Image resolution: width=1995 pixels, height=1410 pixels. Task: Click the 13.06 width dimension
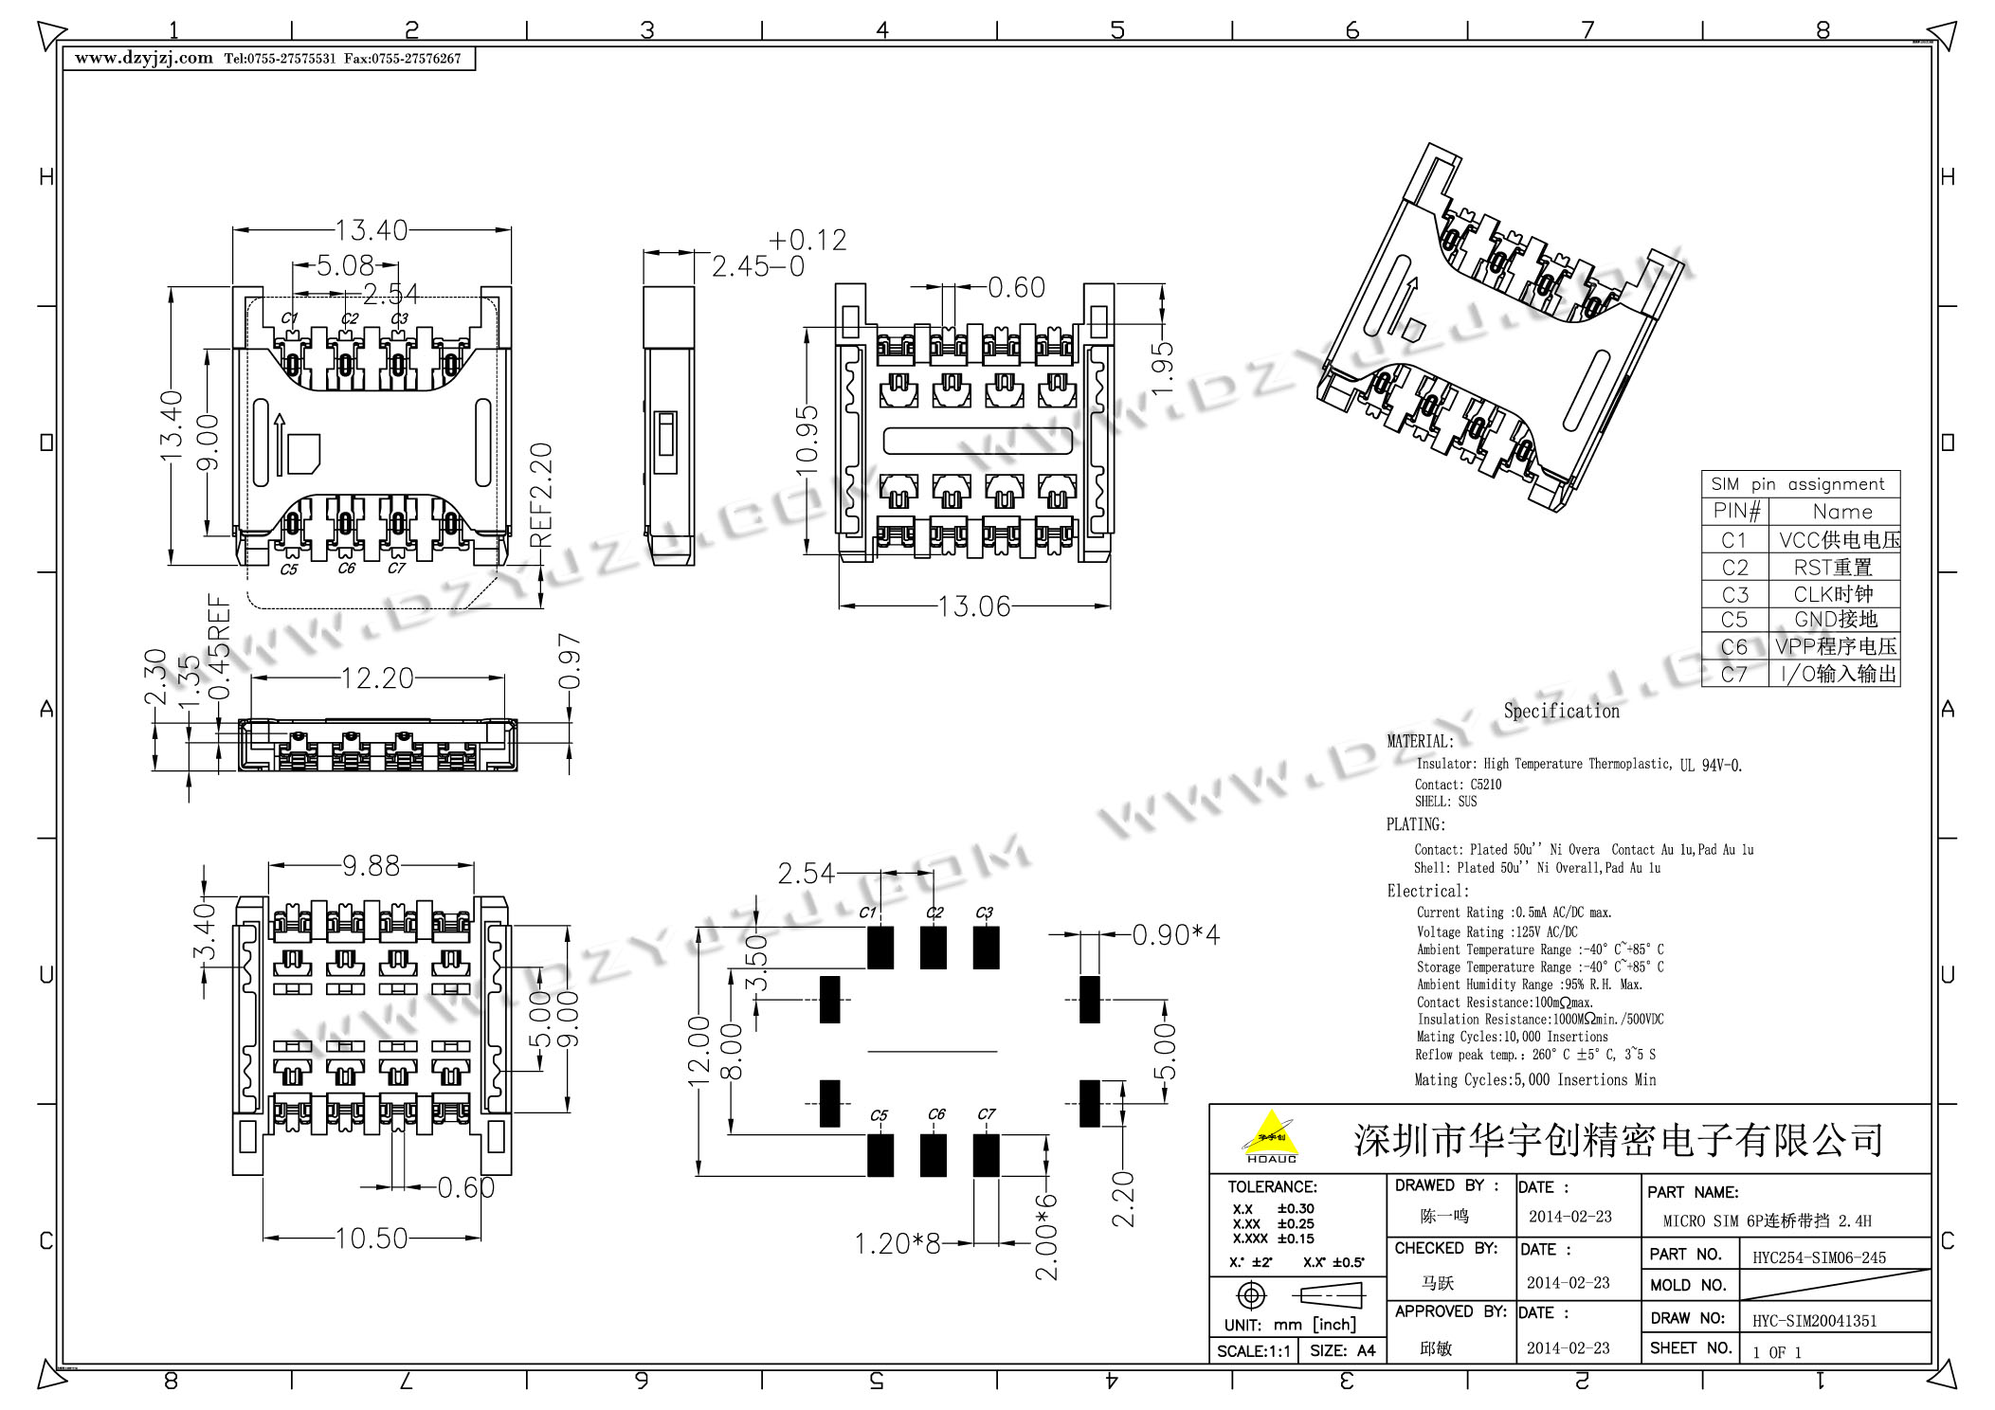click(x=974, y=606)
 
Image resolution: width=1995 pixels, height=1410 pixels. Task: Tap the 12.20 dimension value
click(x=377, y=678)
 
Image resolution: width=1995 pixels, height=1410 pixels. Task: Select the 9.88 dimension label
click(x=372, y=865)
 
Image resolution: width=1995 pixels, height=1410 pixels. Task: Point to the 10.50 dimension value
click(x=372, y=1238)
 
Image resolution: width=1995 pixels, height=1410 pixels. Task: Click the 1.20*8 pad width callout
click(x=898, y=1243)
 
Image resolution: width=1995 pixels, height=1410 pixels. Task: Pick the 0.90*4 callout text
click(x=1176, y=935)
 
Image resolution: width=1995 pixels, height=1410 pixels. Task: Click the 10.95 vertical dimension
click(x=807, y=440)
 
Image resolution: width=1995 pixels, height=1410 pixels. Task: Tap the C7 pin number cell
click(x=1734, y=674)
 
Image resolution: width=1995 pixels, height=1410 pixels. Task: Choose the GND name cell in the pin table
click(x=1836, y=620)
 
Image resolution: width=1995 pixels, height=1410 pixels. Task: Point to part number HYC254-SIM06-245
click(x=1819, y=1257)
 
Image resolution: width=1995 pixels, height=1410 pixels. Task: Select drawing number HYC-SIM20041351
click(x=1814, y=1320)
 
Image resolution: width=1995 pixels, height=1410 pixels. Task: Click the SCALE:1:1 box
click(x=1254, y=1350)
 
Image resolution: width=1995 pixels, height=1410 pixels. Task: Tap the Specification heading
click(x=1562, y=711)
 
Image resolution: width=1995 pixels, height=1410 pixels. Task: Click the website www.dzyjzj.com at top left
click(x=144, y=58)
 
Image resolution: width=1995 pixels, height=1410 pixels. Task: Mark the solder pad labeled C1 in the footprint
click(x=880, y=948)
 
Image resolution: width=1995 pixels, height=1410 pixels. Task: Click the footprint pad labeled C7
click(x=986, y=1155)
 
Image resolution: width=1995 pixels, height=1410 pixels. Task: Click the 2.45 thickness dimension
click(x=742, y=267)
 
